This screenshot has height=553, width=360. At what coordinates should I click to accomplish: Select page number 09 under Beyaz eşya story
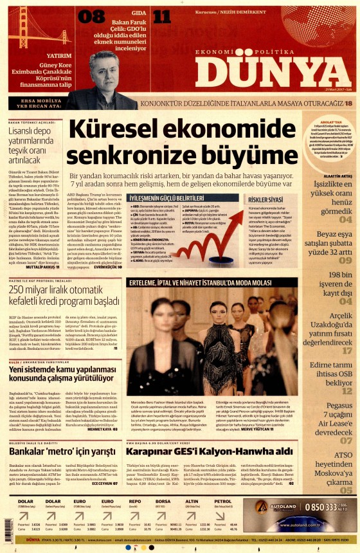coord(345,260)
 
